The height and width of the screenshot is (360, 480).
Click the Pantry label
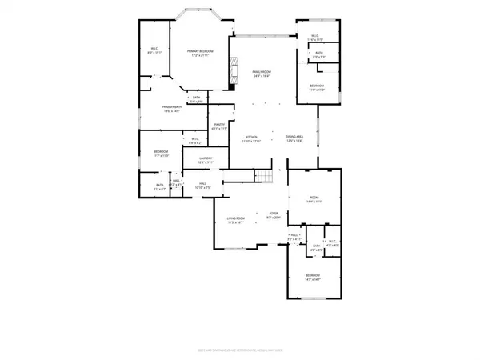point(218,124)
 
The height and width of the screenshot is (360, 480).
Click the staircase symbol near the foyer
point(263,178)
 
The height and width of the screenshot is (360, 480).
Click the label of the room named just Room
point(314,198)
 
